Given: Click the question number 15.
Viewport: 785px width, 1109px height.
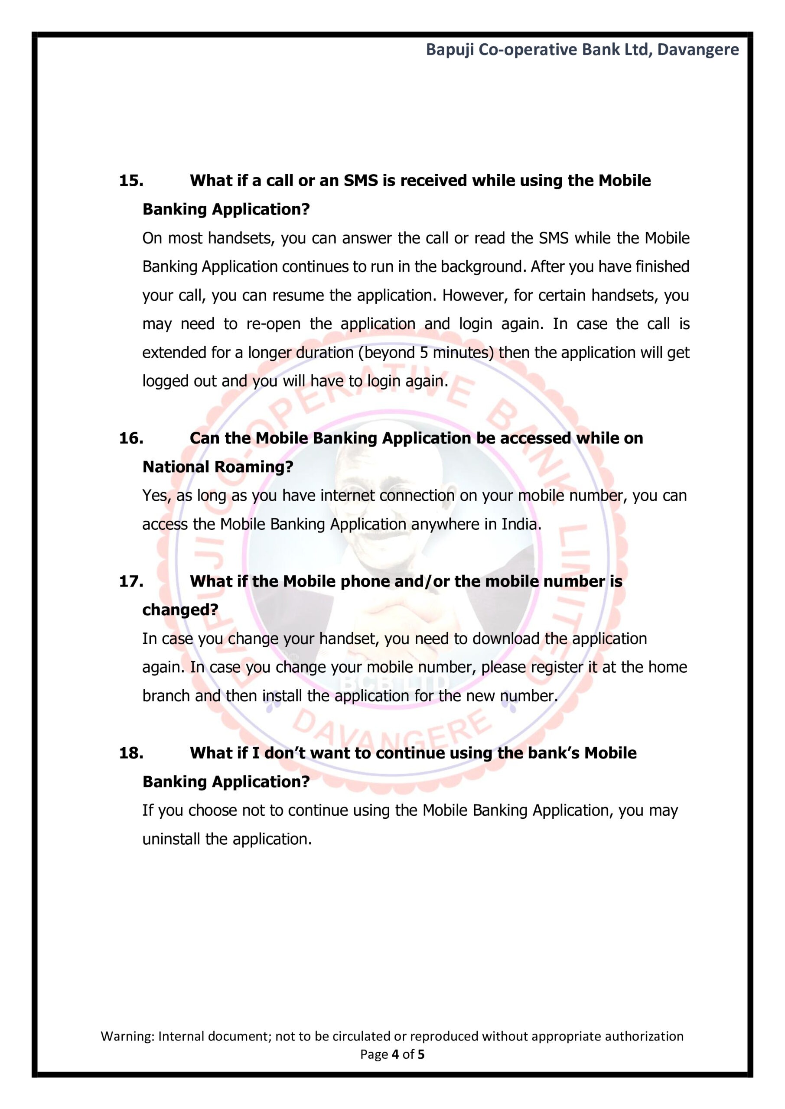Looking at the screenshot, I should click(131, 181).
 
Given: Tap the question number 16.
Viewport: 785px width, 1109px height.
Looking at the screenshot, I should click(131, 438).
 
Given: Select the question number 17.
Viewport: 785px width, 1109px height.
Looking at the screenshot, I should click(131, 581).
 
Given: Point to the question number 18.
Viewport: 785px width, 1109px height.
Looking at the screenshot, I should click(131, 753).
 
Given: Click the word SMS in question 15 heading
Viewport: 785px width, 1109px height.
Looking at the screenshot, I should click(361, 181).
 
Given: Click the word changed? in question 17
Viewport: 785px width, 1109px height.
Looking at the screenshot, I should click(180, 610).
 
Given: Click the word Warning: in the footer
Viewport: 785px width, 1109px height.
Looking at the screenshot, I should click(127, 1036).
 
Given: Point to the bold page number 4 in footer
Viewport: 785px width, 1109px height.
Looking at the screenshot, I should click(395, 1054).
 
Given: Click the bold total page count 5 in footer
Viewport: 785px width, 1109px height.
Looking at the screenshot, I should click(421, 1054).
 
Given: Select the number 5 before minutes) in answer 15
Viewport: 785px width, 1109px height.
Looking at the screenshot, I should click(423, 353).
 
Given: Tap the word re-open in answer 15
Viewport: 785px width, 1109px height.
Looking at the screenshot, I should click(273, 324).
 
